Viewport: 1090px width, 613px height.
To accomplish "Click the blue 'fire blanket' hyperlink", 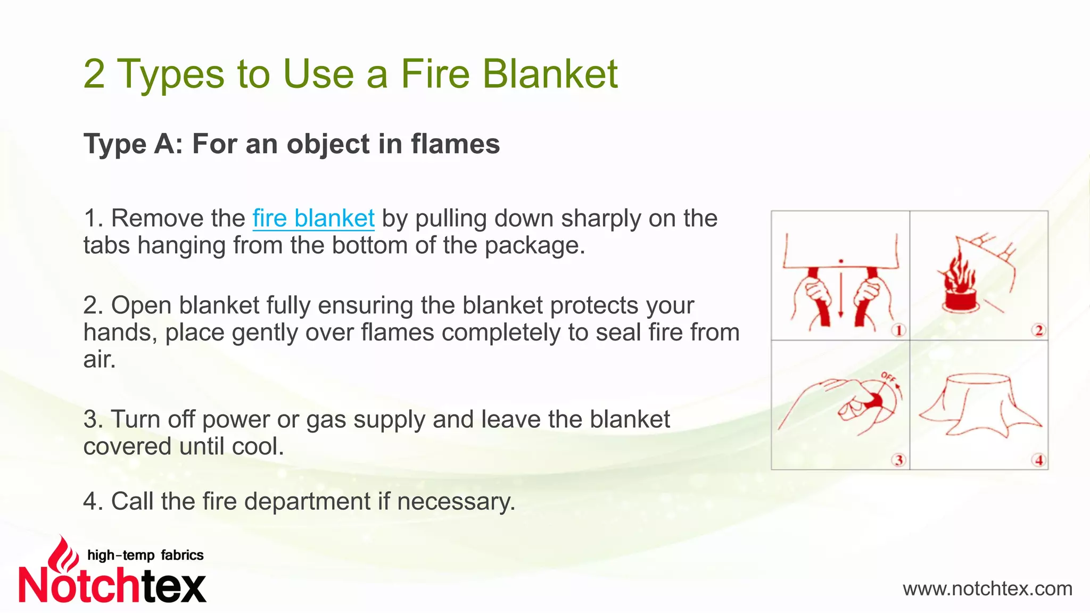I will tap(313, 219).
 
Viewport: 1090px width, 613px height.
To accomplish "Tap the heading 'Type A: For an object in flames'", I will tap(292, 144).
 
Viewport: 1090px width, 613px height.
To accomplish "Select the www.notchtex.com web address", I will tap(987, 589).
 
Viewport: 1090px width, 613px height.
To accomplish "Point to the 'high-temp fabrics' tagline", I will tap(145, 555).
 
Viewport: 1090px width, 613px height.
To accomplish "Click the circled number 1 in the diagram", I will tap(898, 330).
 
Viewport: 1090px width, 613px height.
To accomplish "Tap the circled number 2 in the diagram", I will tap(1038, 330).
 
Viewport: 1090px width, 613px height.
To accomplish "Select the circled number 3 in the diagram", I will tap(898, 460).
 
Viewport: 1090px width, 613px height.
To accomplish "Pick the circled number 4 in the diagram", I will tap(1038, 460).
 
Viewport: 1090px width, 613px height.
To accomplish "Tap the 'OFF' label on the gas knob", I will tap(888, 378).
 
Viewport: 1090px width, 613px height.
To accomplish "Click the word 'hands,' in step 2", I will tap(120, 333).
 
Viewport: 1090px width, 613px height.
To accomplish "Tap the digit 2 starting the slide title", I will tap(94, 73).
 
